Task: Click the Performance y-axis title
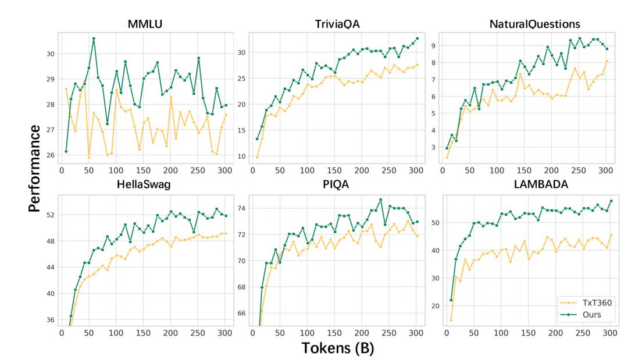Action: coord(34,169)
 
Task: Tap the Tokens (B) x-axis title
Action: coord(338,348)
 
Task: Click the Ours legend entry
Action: coord(581,315)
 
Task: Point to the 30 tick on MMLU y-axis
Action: coord(51,54)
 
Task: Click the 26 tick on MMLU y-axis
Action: coord(51,155)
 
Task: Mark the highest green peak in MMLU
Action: coord(94,38)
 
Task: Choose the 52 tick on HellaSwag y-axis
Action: coord(51,215)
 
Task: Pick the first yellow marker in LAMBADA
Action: coord(451,320)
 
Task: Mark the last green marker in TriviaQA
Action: coord(417,39)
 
